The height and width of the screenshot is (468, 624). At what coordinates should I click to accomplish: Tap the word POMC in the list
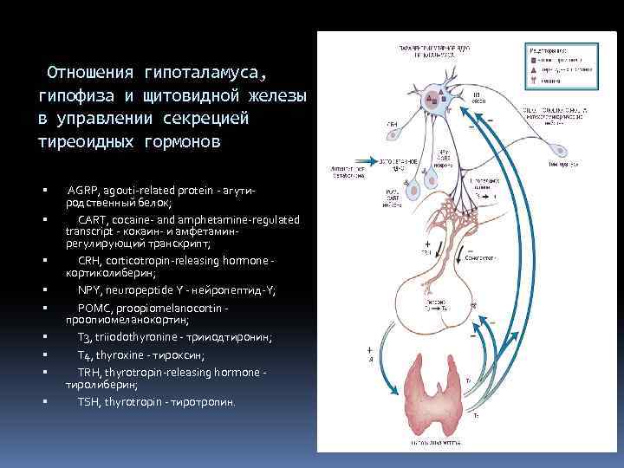(x=94, y=308)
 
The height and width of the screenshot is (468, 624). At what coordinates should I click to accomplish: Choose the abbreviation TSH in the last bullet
(x=88, y=402)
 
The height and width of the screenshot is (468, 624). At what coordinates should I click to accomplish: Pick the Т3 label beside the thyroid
(x=468, y=380)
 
